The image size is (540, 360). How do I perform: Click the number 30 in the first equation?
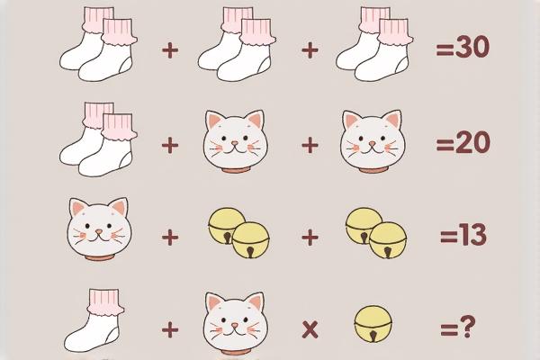click(472, 47)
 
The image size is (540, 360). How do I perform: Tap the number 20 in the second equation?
click(472, 142)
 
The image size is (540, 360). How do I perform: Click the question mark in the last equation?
click(467, 327)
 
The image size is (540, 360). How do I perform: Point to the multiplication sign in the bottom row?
click(310, 329)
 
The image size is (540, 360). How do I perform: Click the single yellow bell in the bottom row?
click(373, 324)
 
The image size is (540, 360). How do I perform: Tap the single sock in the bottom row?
click(94, 320)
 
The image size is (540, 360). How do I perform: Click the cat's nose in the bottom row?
click(235, 325)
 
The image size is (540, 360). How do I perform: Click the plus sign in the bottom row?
click(170, 329)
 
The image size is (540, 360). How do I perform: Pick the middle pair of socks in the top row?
click(237, 44)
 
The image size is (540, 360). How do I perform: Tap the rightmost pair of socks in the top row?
click(374, 44)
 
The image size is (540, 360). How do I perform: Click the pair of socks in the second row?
click(98, 139)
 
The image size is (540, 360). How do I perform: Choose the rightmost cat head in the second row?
click(373, 141)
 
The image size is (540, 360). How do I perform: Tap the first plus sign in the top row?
click(170, 50)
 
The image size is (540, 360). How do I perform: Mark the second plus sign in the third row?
click(310, 238)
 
